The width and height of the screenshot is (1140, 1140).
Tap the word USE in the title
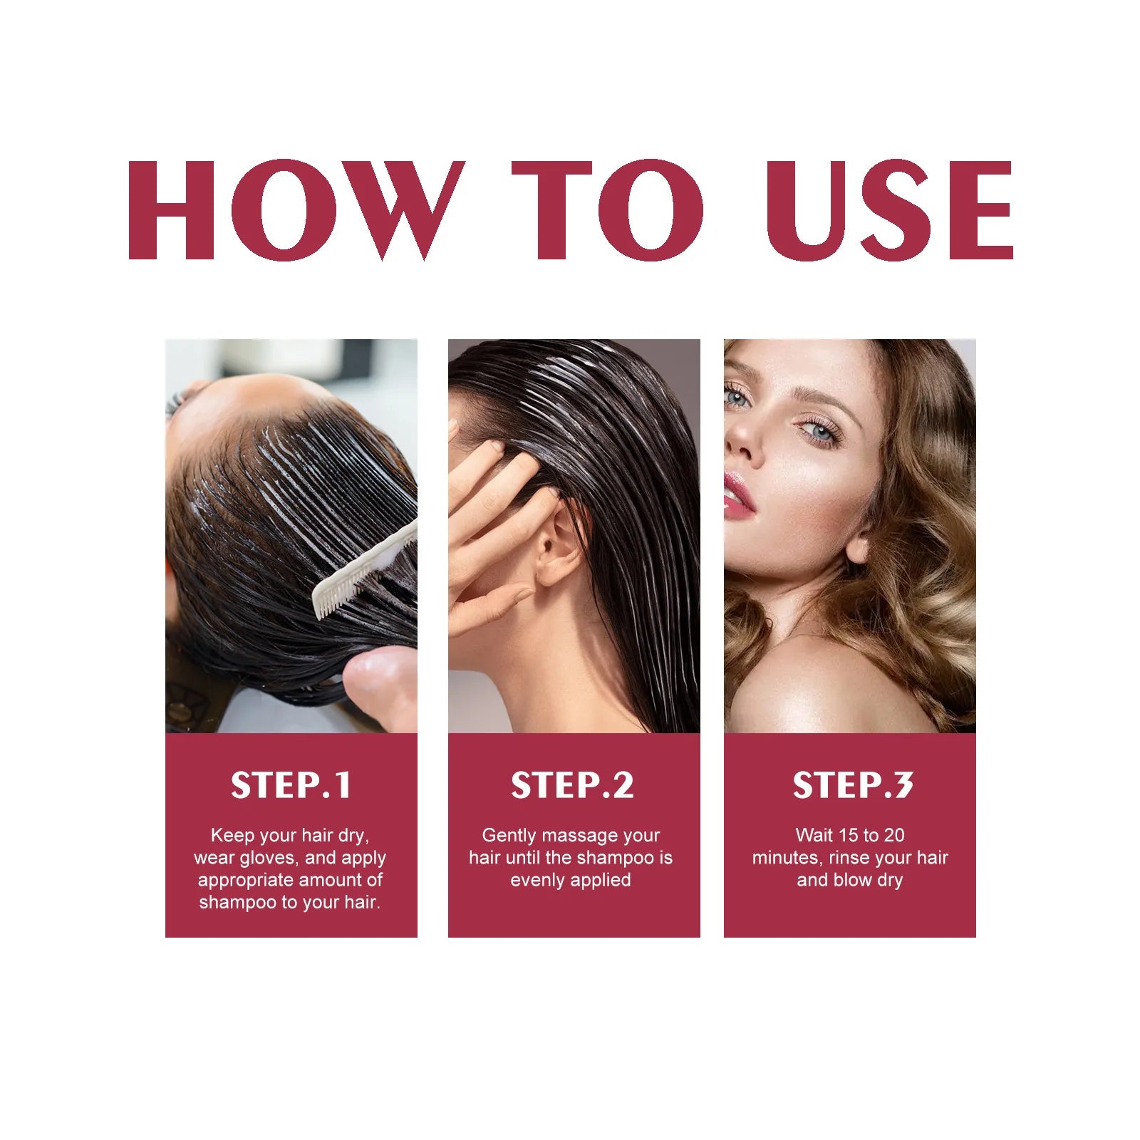(x=889, y=210)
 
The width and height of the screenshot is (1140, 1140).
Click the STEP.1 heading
(x=291, y=785)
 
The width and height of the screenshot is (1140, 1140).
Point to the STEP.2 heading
(x=572, y=785)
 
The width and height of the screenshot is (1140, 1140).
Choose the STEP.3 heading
(x=852, y=785)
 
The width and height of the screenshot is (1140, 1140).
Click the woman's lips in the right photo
(x=738, y=493)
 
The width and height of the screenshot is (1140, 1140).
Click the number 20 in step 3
(x=893, y=835)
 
